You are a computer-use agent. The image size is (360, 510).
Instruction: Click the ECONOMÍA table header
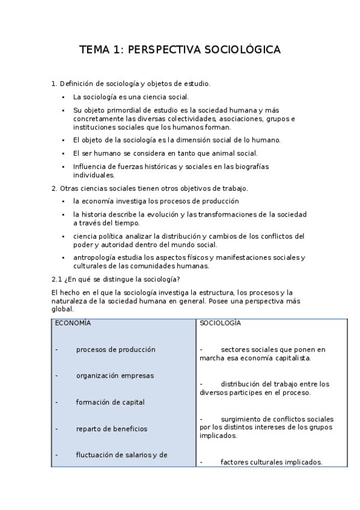tap(73, 323)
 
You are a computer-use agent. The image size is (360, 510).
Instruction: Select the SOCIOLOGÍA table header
tap(220, 323)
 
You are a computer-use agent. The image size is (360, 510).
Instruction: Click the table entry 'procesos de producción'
tap(115, 349)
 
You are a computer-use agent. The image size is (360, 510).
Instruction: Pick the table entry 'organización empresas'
tap(115, 376)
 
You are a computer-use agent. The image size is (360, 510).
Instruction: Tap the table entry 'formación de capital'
tap(110, 402)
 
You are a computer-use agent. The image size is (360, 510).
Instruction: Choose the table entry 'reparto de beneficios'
tap(112, 429)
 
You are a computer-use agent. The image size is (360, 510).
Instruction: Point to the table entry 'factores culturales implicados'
tap(271, 462)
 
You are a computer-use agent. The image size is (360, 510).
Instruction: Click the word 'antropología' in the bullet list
tap(93, 257)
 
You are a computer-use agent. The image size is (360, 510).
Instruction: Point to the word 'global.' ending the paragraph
tap(63, 309)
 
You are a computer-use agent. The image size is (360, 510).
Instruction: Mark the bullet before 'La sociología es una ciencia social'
tap(64, 97)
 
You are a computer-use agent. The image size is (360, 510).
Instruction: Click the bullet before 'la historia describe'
tap(64, 215)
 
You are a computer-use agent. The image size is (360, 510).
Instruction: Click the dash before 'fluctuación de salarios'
tap(56, 455)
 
